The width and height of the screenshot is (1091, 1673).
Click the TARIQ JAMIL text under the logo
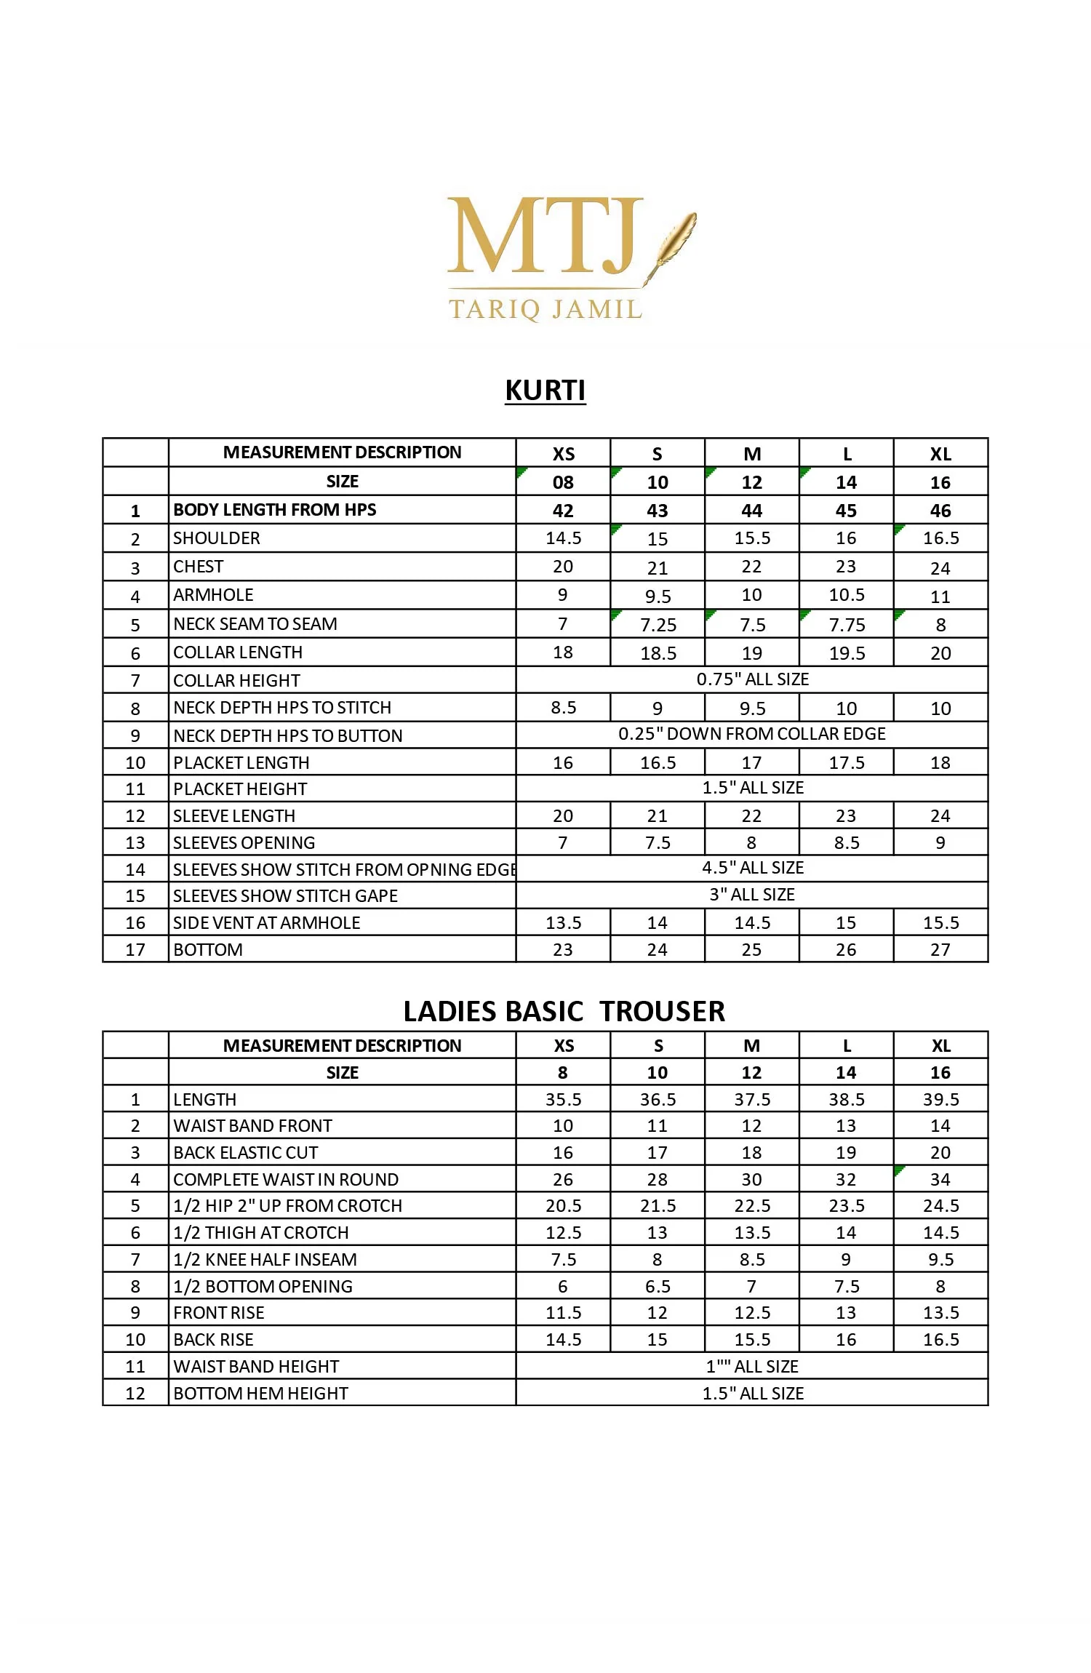(545, 309)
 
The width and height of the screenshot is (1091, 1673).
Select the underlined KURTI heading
(545, 391)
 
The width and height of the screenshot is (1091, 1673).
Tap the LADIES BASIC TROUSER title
(564, 1011)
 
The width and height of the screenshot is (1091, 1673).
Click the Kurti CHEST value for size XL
(940, 568)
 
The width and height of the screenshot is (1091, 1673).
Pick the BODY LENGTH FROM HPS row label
(275, 510)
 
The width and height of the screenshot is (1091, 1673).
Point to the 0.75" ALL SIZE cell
(752, 679)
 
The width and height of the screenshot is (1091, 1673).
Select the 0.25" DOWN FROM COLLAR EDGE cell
(752, 734)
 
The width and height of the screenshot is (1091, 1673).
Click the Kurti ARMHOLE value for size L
(847, 595)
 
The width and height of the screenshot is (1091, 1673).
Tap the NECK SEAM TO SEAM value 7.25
(658, 625)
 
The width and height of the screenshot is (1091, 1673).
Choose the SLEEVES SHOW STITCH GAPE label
(285, 895)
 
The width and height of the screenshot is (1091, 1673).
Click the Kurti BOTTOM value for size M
(751, 949)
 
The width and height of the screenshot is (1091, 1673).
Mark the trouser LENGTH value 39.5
(940, 1099)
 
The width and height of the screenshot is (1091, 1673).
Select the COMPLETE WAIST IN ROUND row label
(286, 1179)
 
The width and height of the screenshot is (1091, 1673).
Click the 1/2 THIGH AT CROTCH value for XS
(563, 1232)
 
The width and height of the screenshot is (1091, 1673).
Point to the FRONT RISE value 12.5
(752, 1312)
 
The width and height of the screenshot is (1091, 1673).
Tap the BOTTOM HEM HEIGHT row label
(260, 1393)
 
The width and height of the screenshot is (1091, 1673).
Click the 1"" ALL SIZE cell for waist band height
(752, 1366)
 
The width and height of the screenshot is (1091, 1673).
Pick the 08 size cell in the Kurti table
(563, 482)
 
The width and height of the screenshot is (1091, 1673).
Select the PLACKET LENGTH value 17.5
(847, 763)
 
